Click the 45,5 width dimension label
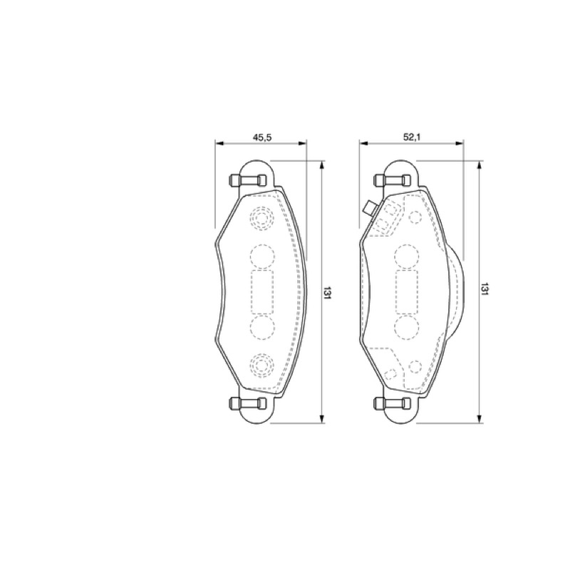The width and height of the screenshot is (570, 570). pos(262,137)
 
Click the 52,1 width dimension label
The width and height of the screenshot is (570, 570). pos(412,137)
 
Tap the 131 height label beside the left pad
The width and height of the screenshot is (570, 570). pos(328,293)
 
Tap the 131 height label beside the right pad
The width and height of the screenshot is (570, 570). pos(485,289)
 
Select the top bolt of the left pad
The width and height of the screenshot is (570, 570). pos(248,180)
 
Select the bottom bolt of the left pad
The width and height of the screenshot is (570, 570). pos(248,403)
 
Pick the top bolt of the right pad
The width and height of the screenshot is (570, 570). pos(393,180)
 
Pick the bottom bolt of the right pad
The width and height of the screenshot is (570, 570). pos(393,403)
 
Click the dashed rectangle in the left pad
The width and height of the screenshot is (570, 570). pos(262,292)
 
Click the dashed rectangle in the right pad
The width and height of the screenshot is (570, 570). pos(407,292)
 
